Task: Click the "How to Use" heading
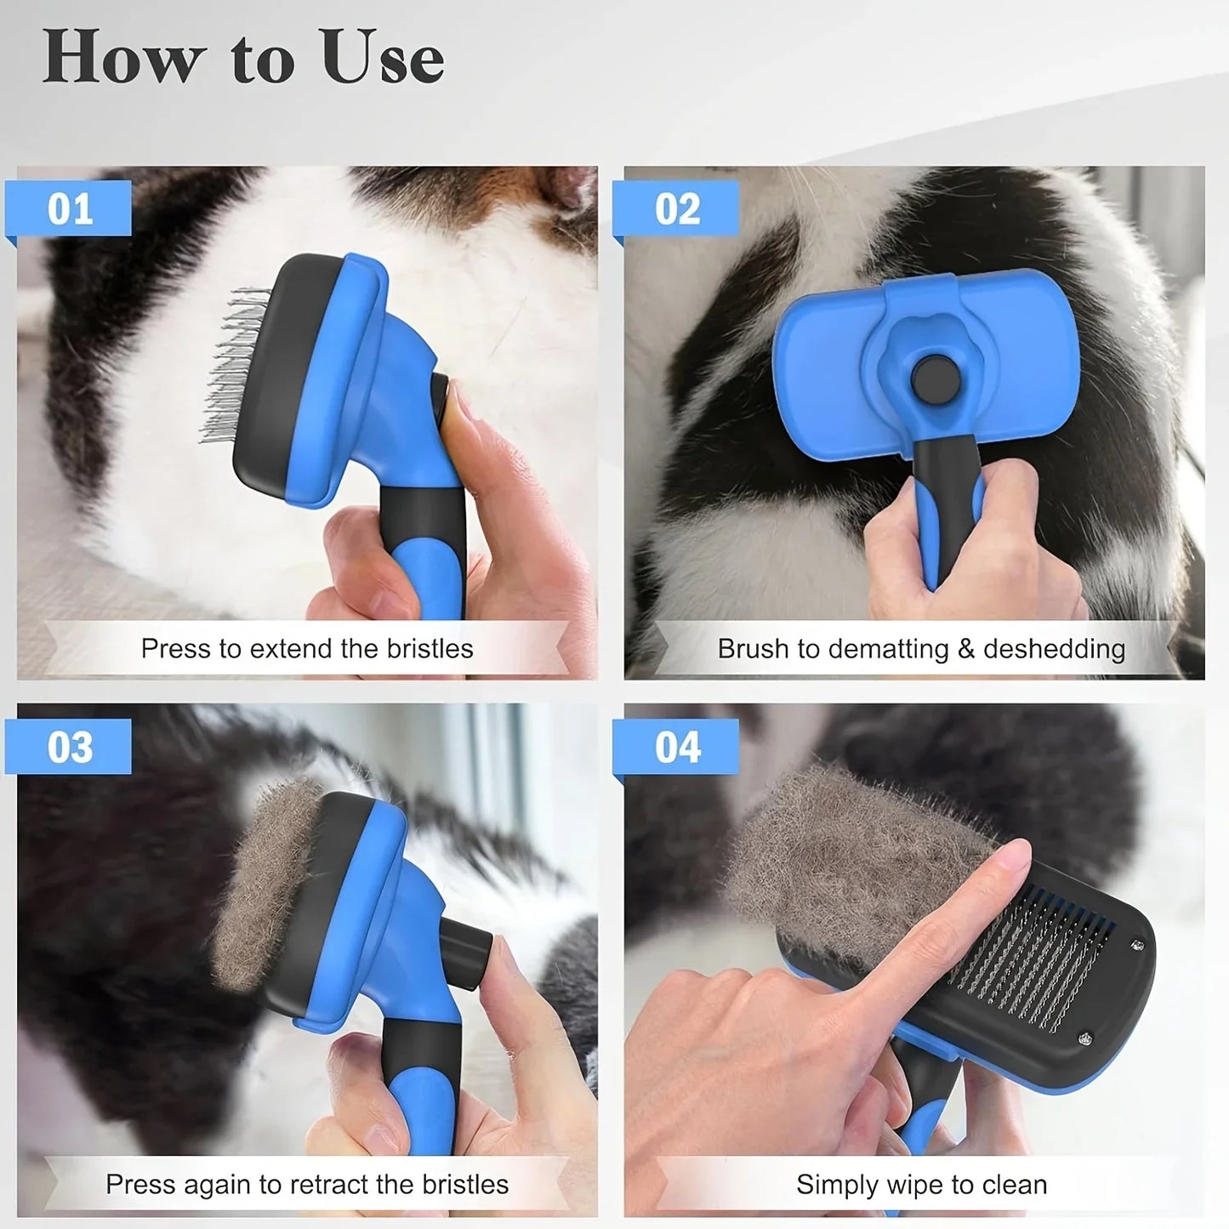[x=243, y=58]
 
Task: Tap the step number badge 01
[x=70, y=208]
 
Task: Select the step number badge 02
[x=677, y=208]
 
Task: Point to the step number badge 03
[x=70, y=747]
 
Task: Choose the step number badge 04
[x=677, y=747]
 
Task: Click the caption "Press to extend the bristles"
[x=306, y=649]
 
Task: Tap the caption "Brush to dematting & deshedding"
[x=920, y=649]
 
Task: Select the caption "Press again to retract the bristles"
[x=306, y=1185]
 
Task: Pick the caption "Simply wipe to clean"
[x=920, y=1185]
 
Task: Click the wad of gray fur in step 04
[x=842, y=842]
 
